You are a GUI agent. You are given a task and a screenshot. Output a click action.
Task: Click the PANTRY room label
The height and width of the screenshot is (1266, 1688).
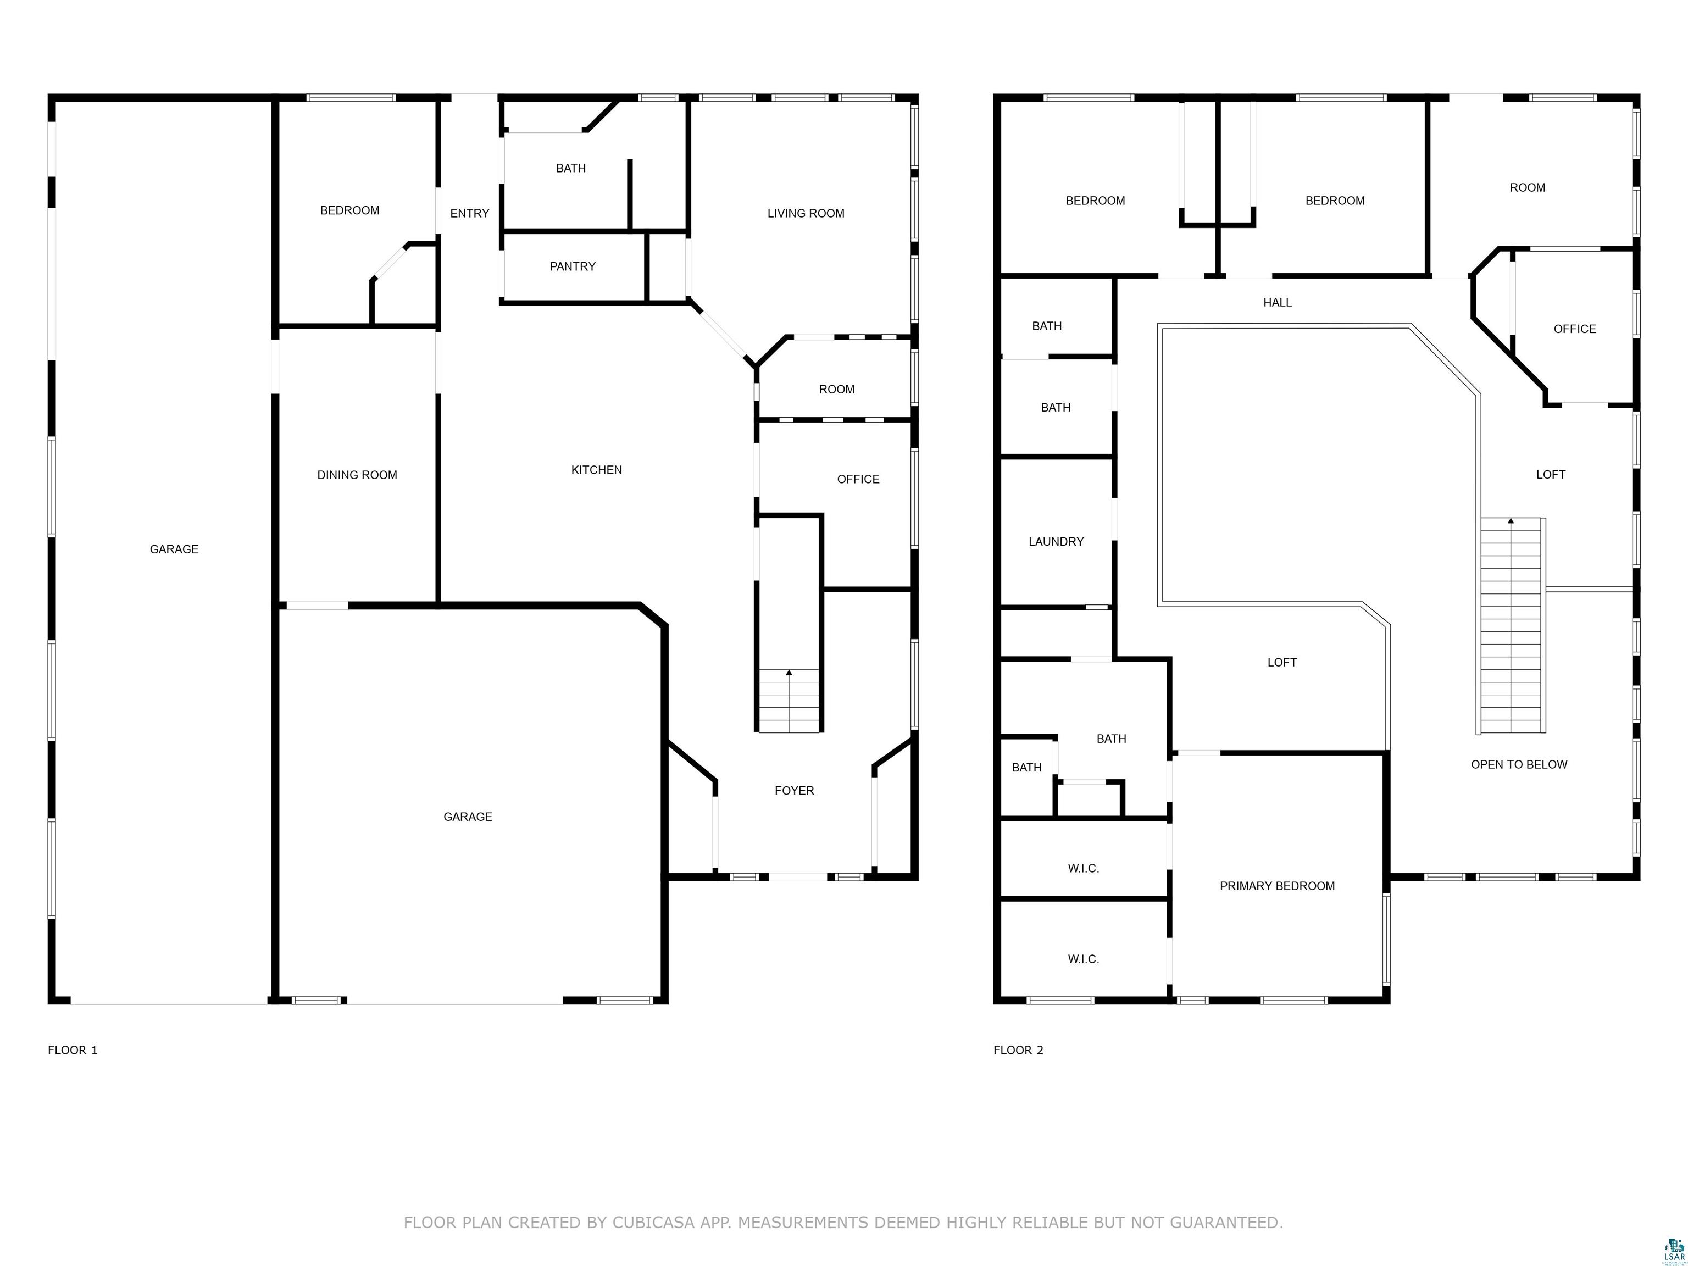coord(573,266)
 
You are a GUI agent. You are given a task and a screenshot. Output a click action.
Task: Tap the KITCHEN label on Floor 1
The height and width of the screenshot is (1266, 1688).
coord(597,470)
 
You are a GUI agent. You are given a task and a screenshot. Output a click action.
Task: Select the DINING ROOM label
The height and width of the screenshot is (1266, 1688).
coord(357,475)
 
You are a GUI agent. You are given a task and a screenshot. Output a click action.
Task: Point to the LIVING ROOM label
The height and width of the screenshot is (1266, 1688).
coord(806,214)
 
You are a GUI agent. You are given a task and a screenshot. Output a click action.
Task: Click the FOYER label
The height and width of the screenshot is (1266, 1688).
coord(795,791)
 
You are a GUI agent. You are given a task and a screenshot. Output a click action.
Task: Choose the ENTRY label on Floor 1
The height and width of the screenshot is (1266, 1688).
coord(469,214)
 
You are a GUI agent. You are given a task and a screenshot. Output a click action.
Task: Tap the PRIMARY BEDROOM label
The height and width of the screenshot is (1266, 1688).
coord(1278,886)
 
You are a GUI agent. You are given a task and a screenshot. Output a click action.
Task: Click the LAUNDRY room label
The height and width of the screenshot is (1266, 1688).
coord(1056,542)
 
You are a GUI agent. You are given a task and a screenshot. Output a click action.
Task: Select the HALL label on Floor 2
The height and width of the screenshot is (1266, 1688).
coord(1278,302)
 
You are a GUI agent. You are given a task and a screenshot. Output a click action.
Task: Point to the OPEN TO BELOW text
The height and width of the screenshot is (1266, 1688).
coord(1519,765)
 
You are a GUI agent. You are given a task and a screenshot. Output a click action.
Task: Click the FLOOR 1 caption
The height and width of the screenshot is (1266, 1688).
coord(73,1050)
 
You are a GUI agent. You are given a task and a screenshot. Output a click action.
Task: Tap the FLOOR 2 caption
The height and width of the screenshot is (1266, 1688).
coord(1018,1050)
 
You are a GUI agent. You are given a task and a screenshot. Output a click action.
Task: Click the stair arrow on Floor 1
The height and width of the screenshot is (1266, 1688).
coord(789,673)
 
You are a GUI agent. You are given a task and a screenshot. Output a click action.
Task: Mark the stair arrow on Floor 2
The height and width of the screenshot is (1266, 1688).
coord(1511,520)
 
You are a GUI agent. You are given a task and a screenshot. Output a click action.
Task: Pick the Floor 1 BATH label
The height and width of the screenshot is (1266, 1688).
coord(571,168)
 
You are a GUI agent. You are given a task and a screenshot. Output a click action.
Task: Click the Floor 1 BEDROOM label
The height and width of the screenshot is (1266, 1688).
coord(349,210)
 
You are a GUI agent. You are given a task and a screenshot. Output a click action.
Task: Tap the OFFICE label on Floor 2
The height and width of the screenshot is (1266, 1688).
coord(1575,329)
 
